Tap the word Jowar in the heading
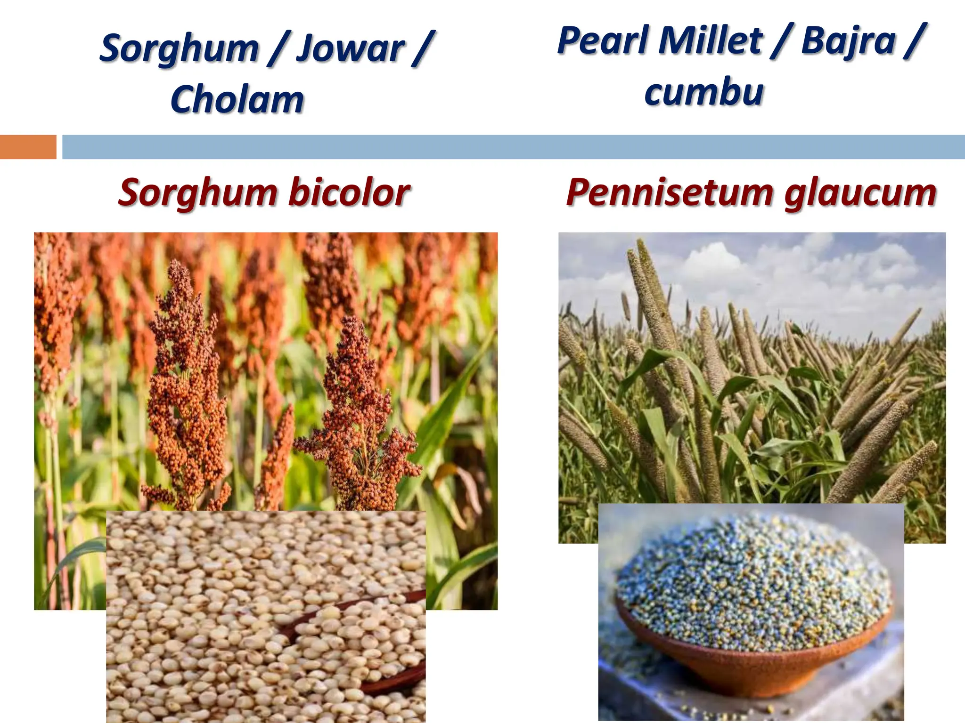pyautogui.click(x=350, y=48)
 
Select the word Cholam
pyautogui.click(x=237, y=99)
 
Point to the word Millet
pyautogui.click(x=711, y=40)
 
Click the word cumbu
pyautogui.click(x=704, y=92)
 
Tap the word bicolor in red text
pyautogui.click(x=349, y=193)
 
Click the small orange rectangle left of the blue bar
pyautogui.click(x=28, y=147)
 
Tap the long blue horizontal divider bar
pyautogui.click(x=514, y=147)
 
